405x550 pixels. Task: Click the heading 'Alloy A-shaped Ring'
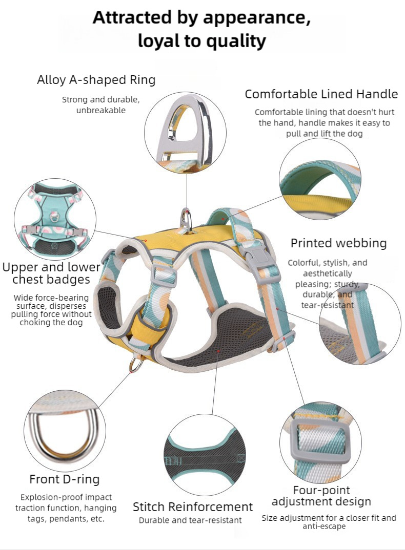click(x=96, y=80)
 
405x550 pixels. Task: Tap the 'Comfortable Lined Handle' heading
click(x=321, y=94)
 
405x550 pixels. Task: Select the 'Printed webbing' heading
click(x=338, y=243)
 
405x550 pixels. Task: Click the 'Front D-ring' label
click(x=64, y=479)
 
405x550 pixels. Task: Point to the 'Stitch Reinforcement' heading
click(x=193, y=507)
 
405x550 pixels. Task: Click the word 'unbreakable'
click(x=100, y=110)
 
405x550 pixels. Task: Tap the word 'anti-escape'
click(x=324, y=526)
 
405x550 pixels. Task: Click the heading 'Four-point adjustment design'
click(x=321, y=495)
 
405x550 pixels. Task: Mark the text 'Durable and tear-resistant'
click(x=190, y=520)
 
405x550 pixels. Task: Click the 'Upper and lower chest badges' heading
click(x=51, y=273)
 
